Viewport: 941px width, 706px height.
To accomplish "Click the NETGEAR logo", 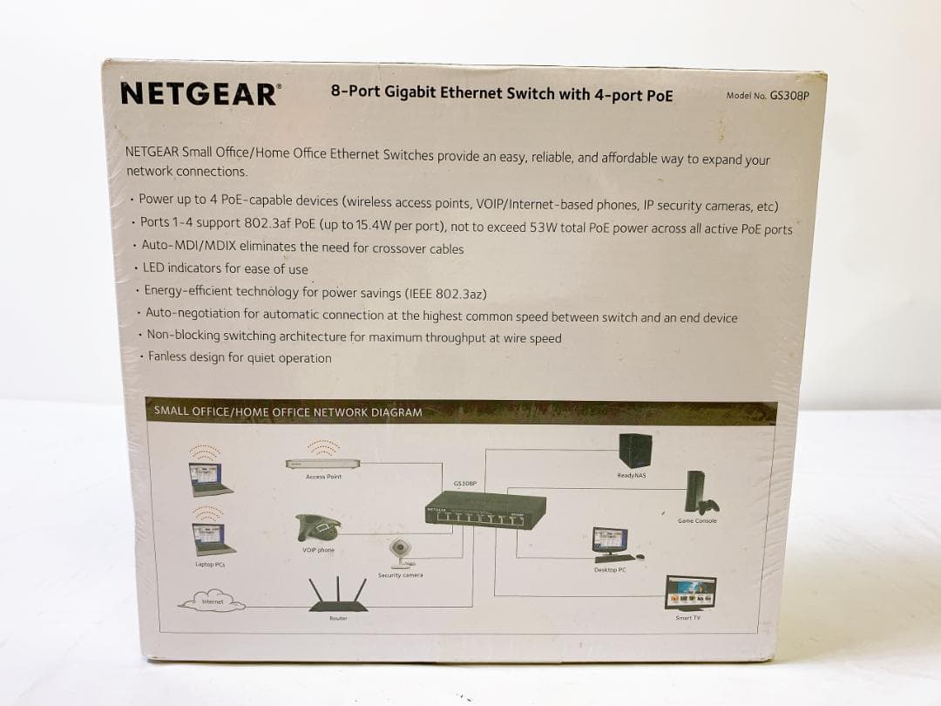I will [200, 93].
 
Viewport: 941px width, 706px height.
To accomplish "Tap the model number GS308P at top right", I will [789, 96].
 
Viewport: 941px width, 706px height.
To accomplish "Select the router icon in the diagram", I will [338, 594].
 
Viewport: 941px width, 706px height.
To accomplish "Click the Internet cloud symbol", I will [212, 601].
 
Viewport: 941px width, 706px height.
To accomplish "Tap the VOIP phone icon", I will [318, 527].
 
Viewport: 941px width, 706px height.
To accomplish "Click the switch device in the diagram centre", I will [485, 507].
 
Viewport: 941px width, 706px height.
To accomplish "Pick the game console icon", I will [699, 493].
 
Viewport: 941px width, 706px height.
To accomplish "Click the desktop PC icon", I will [611, 543].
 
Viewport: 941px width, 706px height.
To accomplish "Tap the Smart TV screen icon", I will [690, 592].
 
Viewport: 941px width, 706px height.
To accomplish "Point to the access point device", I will [322, 463].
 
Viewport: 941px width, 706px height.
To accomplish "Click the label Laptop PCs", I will [211, 565].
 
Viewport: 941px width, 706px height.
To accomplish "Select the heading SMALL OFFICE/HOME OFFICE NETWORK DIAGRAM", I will [288, 412].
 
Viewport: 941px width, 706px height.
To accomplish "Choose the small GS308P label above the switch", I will [465, 482].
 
